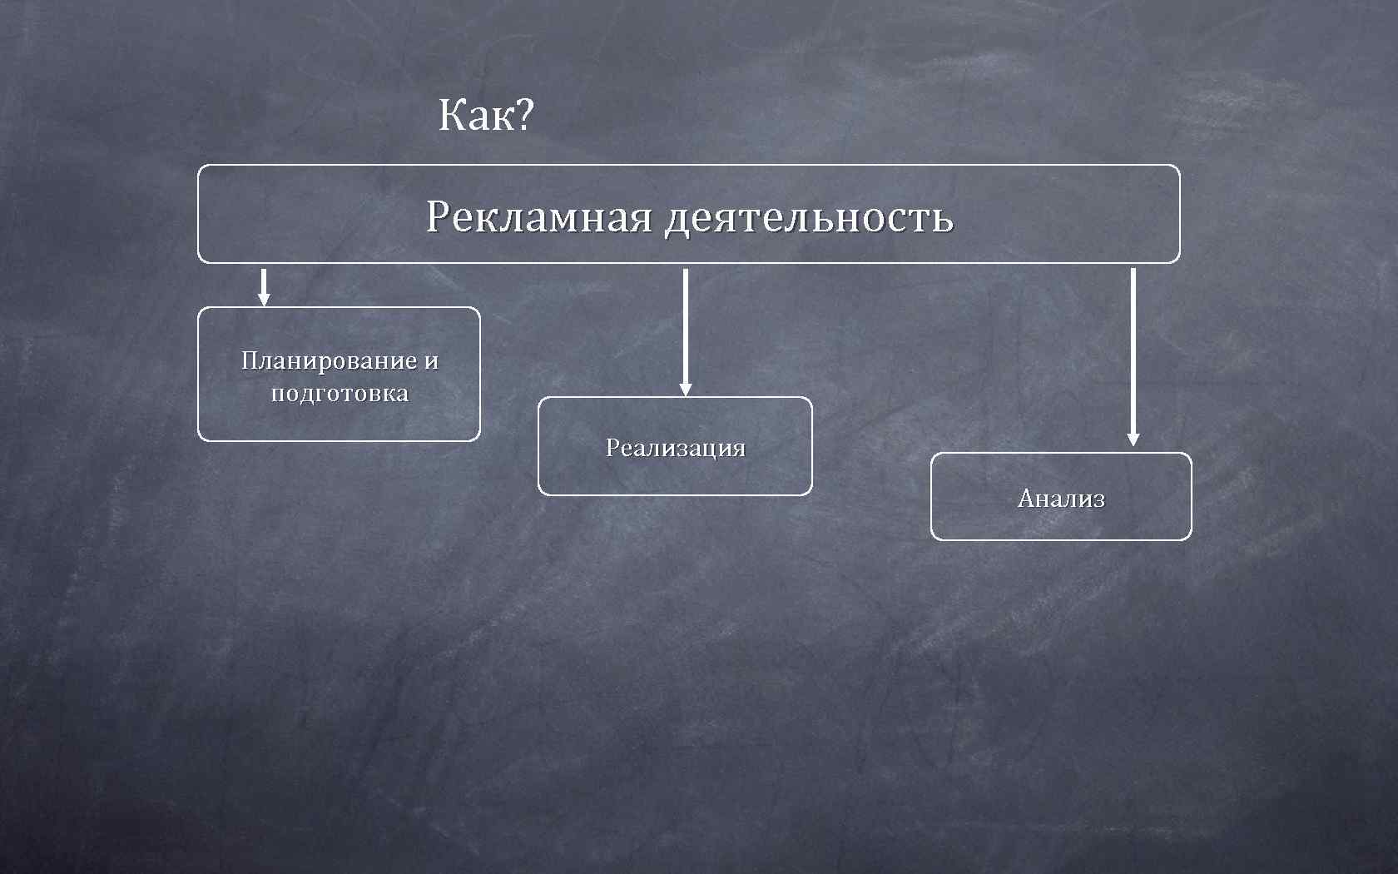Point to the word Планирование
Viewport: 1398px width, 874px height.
[329, 361]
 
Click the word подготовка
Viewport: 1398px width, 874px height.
[340, 394]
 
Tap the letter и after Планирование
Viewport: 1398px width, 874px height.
[431, 362]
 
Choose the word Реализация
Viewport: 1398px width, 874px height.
[675, 448]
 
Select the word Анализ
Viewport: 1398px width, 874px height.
[1061, 499]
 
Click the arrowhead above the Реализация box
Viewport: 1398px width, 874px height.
[685, 390]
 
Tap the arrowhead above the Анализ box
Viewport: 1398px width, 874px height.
[1133, 439]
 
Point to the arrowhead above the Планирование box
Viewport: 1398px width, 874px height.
[264, 300]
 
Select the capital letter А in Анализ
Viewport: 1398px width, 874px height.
[1026, 499]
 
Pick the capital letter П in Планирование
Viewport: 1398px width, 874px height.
[250, 361]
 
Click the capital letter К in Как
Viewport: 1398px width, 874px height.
[453, 115]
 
